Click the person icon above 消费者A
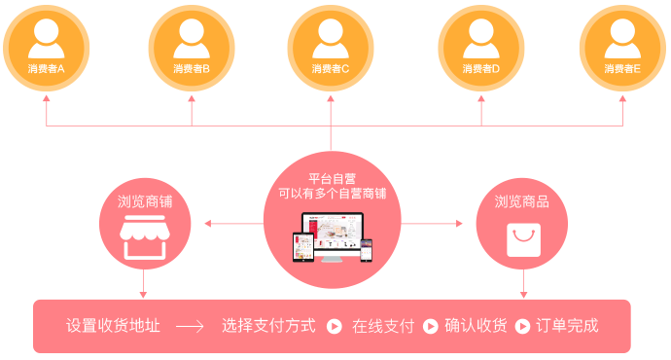tap(46, 37)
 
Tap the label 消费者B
tap(192, 69)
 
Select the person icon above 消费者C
tap(331, 37)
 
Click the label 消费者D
tap(480, 69)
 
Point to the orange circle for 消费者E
tap(622, 47)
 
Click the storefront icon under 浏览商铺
tap(143, 240)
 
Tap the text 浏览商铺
tap(143, 202)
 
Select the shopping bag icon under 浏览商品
tap(523, 239)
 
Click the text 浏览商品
tap(522, 202)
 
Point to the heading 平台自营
tap(332, 178)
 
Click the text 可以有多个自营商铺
tap(332, 194)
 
